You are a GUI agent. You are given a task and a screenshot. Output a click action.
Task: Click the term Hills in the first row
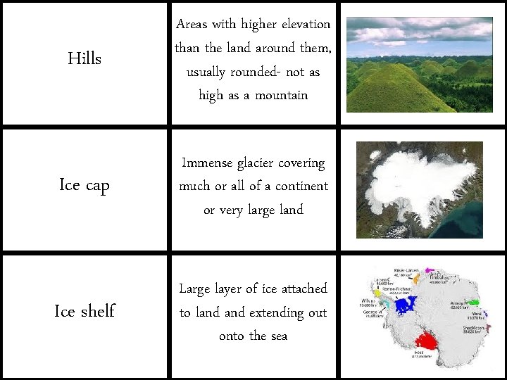(x=84, y=58)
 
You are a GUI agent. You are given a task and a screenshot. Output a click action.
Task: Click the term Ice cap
(x=84, y=185)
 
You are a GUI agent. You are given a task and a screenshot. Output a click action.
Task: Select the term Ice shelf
(x=84, y=311)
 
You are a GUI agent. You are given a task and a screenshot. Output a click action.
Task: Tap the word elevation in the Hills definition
(x=304, y=24)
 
